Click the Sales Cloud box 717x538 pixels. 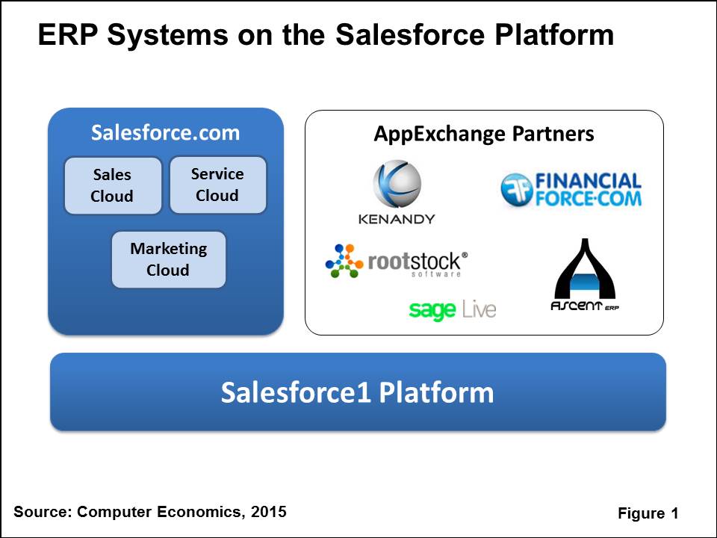[x=113, y=185]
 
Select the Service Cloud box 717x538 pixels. [x=217, y=185]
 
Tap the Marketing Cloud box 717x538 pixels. [x=168, y=259]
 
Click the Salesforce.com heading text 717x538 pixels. [x=165, y=133]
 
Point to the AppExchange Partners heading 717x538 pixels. [x=483, y=134]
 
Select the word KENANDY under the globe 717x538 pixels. [x=397, y=219]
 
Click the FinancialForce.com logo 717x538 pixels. [x=571, y=189]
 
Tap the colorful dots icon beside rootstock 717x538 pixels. [x=345, y=261]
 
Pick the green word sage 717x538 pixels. [x=432, y=309]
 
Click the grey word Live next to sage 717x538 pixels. [x=478, y=309]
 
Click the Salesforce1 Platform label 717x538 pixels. [x=357, y=392]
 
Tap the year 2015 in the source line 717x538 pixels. [x=268, y=512]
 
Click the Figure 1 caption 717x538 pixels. [x=648, y=513]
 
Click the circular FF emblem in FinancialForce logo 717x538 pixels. [x=515, y=189]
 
